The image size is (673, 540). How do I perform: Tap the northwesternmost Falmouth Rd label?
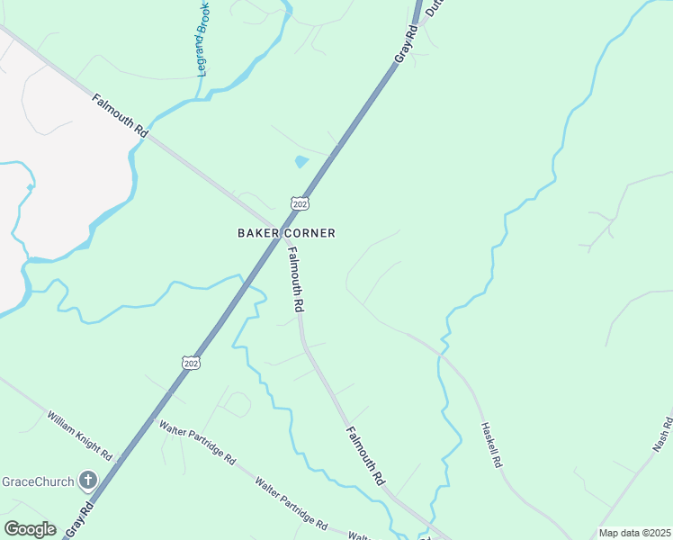point(120,113)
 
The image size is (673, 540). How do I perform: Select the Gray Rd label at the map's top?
point(407,43)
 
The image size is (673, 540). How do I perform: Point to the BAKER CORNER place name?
point(286,233)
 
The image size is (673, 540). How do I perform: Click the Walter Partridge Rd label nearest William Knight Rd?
point(197,442)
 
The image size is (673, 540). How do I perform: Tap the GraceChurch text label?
point(37,481)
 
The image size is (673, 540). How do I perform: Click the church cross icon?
point(88,480)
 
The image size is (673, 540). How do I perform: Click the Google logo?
point(30,529)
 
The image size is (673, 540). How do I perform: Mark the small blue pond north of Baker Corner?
point(301,162)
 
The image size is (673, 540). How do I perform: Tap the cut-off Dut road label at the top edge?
point(435,7)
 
